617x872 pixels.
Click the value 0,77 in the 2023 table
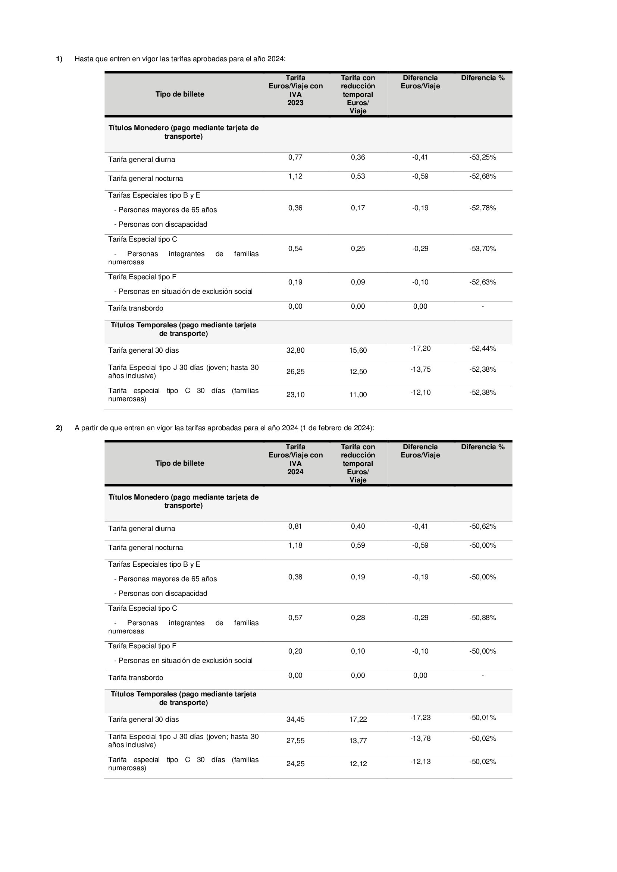point(295,157)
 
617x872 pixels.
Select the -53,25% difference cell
point(482,157)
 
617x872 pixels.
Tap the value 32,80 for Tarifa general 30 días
point(295,350)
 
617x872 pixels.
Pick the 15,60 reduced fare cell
point(358,350)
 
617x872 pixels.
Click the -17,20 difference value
point(420,348)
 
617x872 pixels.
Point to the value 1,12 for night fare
point(295,176)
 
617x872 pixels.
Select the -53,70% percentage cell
point(482,248)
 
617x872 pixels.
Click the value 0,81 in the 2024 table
point(295,526)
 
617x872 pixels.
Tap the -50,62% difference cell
point(482,526)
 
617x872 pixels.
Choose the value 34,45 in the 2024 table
point(295,719)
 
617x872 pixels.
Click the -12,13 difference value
point(420,762)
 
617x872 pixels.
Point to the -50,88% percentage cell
point(482,617)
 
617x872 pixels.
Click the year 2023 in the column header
point(295,103)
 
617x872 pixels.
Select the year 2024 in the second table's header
point(295,472)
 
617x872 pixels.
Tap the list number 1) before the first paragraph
point(59,59)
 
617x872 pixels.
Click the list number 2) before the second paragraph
point(59,428)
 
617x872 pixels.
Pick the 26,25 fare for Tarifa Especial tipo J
point(295,371)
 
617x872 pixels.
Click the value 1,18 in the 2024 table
point(295,545)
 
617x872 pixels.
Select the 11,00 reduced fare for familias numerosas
point(358,394)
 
